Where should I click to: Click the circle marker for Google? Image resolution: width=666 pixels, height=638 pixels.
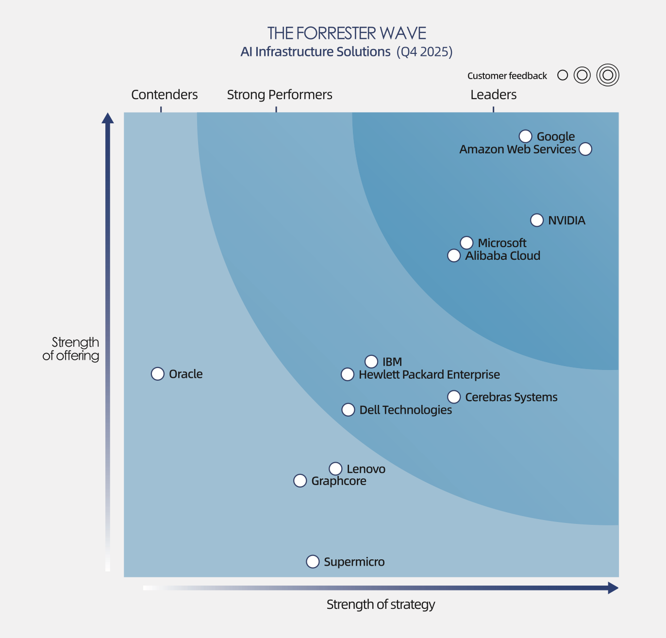pyautogui.click(x=525, y=136)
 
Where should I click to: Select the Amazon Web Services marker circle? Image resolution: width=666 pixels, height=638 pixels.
pyautogui.click(x=585, y=149)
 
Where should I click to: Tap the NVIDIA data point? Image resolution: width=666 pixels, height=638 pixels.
pyautogui.click(x=537, y=220)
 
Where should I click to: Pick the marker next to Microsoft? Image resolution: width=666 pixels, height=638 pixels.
pyautogui.click(x=466, y=243)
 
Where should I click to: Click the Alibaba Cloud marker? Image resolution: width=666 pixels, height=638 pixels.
pyautogui.click(x=454, y=255)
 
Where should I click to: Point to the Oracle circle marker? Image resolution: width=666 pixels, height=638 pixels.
pyautogui.click(x=158, y=374)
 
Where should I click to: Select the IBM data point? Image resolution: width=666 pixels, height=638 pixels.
pyautogui.click(x=371, y=362)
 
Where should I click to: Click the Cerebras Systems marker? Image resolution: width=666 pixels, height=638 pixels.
pyautogui.click(x=454, y=397)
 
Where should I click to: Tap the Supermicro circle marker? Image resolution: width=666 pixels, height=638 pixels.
pyautogui.click(x=313, y=562)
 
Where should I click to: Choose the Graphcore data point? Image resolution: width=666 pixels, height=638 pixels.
pyautogui.click(x=300, y=481)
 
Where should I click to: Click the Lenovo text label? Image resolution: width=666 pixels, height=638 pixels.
pyautogui.click(x=366, y=469)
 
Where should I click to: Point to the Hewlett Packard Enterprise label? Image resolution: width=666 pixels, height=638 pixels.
pyautogui.click(x=429, y=375)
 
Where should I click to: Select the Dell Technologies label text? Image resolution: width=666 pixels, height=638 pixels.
pyautogui.click(x=405, y=410)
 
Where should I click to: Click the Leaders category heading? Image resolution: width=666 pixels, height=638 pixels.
pyautogui.click(x=493, y=95)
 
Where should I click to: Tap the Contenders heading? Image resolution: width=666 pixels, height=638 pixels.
pyautogui.click(x=165, y=95)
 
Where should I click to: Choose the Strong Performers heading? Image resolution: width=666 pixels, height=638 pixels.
pyautogui.click(x=280, y=95)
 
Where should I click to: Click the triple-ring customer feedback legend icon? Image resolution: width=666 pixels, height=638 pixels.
pyautogui.click(x=608, y=75)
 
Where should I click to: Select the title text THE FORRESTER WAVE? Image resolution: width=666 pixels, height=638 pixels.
pyautogui.click(x=347, y=34)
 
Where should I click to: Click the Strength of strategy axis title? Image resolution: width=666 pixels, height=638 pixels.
pyautogui.click(x=381, y=604)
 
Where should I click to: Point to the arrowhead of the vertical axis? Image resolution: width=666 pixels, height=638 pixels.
pyautogui.click(x=108, y=118)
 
